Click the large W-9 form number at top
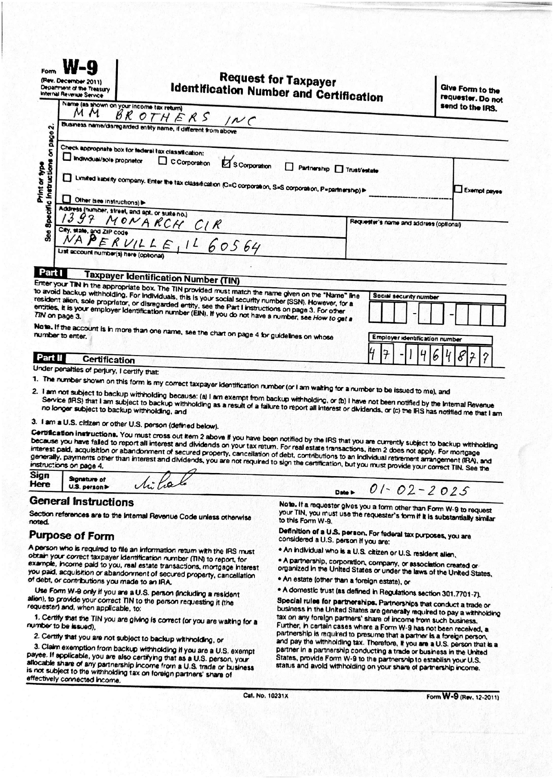coord(80,68)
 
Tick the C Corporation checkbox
coord(163,161)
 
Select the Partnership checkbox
coord(289,167)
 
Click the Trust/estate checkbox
coord(339,169)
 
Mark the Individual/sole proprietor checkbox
coord(67,157)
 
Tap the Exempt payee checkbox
coord(458,189)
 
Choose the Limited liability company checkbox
coord(67,178)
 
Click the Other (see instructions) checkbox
coord(67,199)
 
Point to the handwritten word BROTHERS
coord(162,117)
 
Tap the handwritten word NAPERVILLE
coord(118,242)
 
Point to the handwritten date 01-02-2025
coord(419,490)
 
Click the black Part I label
coord(50,272)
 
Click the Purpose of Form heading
coord(71,536)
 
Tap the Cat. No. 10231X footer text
coord(266,695)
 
